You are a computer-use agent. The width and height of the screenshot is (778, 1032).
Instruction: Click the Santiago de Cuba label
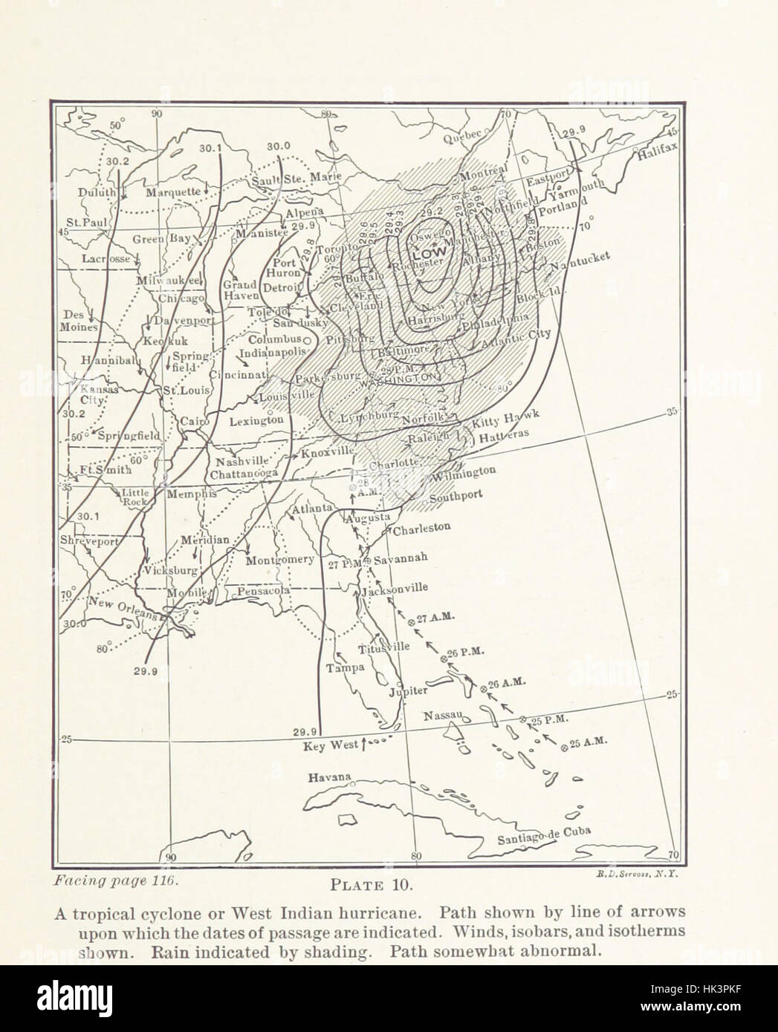pos(550,836)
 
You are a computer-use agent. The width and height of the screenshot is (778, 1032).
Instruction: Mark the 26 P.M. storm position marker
pos(445,659)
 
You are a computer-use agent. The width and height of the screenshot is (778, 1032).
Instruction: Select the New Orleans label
pos(120,609)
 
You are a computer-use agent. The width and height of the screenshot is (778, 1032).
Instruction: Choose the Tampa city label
pos(345,667)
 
